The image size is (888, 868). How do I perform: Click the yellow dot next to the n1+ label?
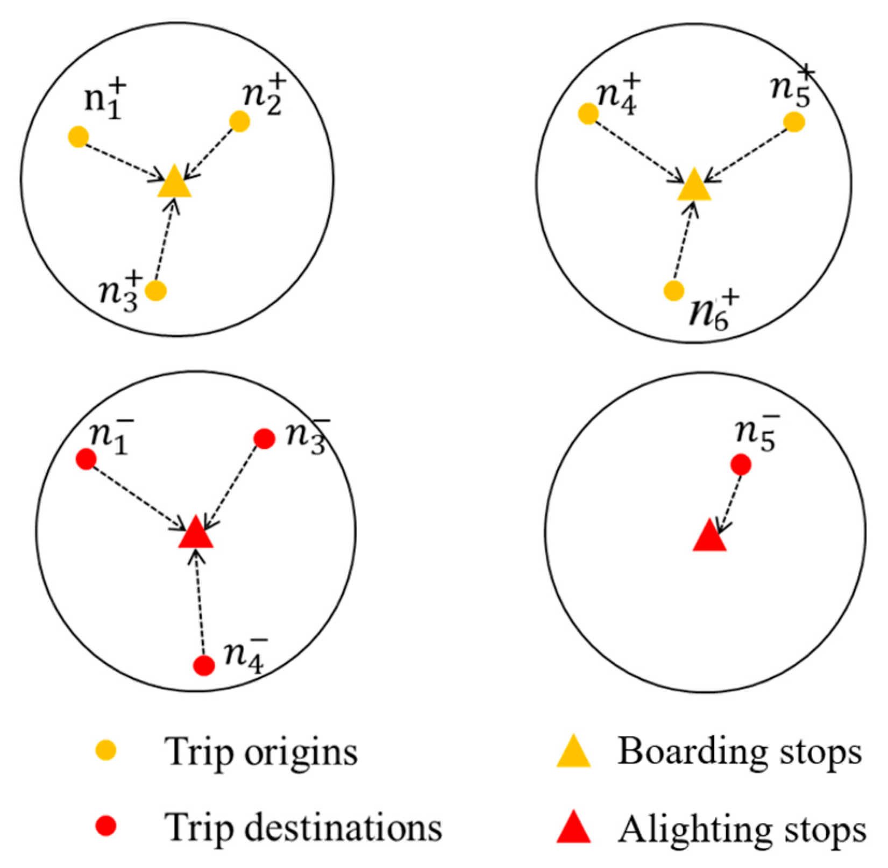[79, 137]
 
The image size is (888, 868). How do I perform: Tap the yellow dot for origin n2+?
[239, 121]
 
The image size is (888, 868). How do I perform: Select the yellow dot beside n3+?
[156, 291]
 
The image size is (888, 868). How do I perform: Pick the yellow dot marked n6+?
[674, 291]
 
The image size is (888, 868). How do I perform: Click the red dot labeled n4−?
[204, 665]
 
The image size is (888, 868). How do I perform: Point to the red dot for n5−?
[741, 464]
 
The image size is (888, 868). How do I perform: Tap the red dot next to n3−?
[264, 439]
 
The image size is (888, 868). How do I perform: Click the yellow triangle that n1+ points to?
[174, 184]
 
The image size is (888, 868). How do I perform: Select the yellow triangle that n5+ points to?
[694, 186]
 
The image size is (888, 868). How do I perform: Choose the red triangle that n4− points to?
[196, 534]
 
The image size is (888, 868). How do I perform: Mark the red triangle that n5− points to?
[709, 537]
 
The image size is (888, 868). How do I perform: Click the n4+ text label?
[619, 96]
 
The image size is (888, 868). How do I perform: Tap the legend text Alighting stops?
[742, 829]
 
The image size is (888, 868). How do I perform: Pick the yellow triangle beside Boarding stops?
[573, 751]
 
